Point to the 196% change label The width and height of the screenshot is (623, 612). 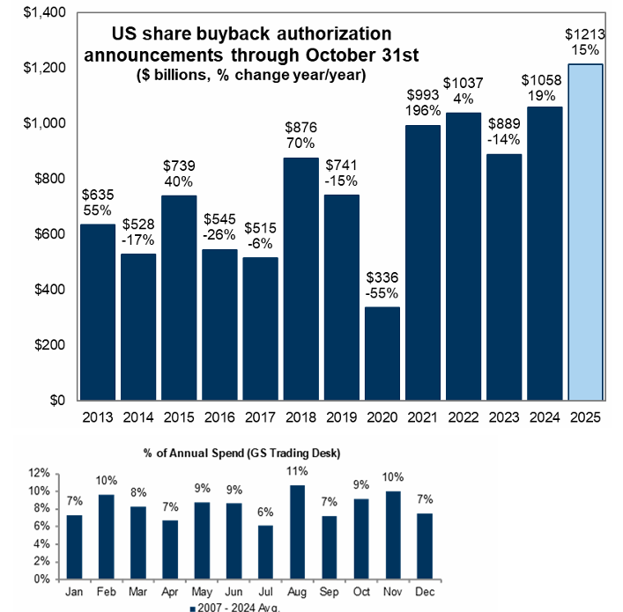(423, 110)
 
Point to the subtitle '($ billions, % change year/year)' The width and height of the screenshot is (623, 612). (251, 76)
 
